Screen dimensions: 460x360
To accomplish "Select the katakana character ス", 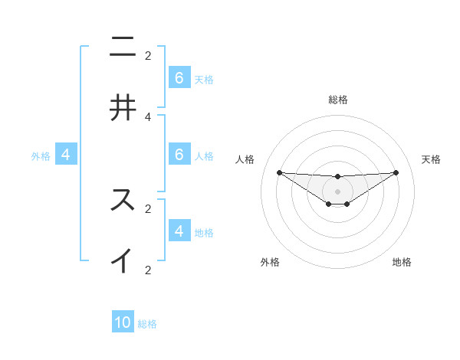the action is coord(123,200).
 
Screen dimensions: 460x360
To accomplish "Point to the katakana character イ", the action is coord(123,261).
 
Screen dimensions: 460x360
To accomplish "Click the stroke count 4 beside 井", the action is coord(148,116).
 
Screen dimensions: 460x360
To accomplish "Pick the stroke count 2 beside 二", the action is coord(148,55).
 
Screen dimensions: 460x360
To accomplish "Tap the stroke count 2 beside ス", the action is coord(148,208).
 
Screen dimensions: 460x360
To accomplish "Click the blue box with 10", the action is coord(123,322).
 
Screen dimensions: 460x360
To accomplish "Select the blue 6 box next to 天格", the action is coord(179,78).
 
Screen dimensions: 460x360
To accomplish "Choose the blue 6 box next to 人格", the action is coord(179,155).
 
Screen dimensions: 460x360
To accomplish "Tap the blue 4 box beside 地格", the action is coord(179,231).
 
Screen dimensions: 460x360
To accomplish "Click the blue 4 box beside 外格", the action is coord(66,155).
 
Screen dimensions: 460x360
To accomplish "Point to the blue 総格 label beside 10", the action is coord(147,324).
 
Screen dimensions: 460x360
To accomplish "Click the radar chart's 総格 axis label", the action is coord(338,100).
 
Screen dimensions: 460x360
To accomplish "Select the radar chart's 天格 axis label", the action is coord(431,159).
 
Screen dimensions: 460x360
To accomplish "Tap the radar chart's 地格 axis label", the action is coord(402,262).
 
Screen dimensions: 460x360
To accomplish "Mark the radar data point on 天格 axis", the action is coord(396,172).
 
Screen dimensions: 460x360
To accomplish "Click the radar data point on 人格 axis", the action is coord(280,172).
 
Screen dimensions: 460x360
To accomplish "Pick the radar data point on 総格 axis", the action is coord(338,177).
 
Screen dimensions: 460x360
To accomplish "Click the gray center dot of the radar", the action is coord(338,191).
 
